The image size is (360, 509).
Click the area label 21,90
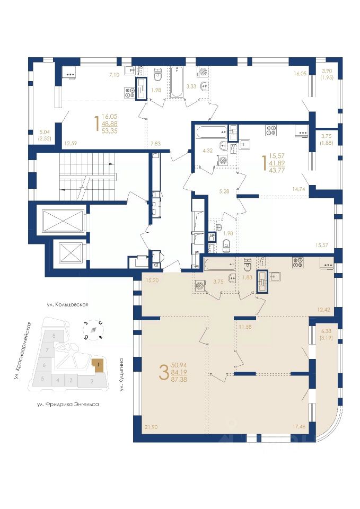click(x=151, y=427)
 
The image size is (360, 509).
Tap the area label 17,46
click(x=299, y=426)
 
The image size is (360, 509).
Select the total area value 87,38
click(x=179, y=379)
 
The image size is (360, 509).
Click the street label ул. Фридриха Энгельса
click(x=68, y=405)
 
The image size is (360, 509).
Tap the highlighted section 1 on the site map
click(x=98, y=365)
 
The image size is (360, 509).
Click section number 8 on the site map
click(x=54, y=335)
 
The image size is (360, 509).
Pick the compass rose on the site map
click(x=94, y=330)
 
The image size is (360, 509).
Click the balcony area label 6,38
click(x=326, y=331)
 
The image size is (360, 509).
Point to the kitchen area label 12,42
click(x=324, y=310)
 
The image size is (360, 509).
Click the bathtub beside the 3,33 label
click(x=177, y=81)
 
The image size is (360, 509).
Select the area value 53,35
click(x=109, y=131)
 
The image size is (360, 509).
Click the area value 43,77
click(x=277, y=170)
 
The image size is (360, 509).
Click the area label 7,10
click(x=115, y=75)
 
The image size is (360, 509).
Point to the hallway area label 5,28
click(x=224, y=191)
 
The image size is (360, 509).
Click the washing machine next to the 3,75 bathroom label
click(x=200, y=286)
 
